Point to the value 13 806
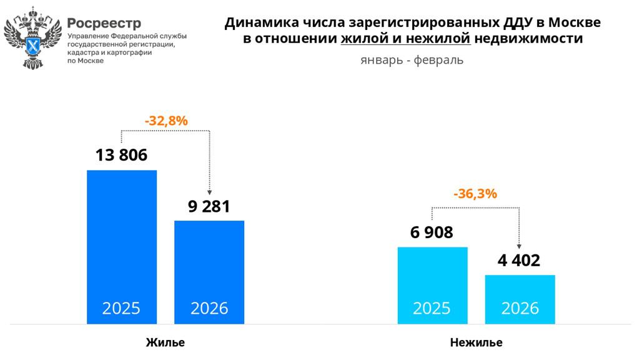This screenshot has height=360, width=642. coord(122,155)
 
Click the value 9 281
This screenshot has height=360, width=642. coord(209,206)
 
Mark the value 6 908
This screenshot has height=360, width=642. coord(432,233)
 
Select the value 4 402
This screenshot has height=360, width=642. coord(519,260)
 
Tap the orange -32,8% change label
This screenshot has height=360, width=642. coord(166,121)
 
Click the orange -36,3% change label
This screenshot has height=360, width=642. coord(476,194)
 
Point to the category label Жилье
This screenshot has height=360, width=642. coord(165,342)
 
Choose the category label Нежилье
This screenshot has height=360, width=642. coord(476,342)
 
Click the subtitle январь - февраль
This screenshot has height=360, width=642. coord(412,61)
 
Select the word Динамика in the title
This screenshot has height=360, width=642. coord(256,23)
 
